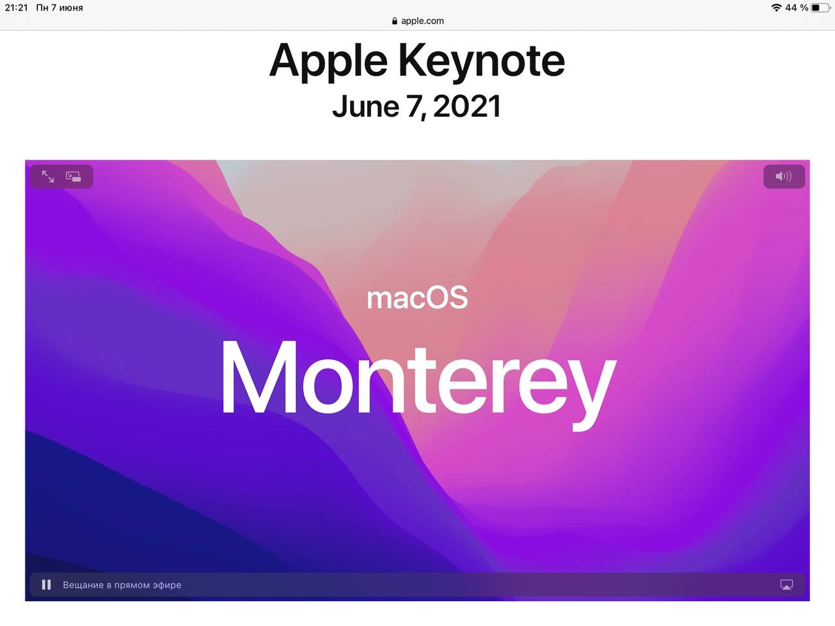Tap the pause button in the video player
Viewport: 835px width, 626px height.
[x=46, y=584]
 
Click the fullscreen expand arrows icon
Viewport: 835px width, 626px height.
[x=48, y=176]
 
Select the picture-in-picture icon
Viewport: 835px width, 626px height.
[x=74, y=176]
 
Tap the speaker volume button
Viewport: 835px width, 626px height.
[x=783, y=176]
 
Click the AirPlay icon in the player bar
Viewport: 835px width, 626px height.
[x=786, y=584]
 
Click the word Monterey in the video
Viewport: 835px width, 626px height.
[x=418, y=384]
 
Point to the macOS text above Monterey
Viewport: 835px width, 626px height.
[x=417, y=298]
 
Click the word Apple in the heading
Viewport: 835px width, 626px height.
[x=329, y=61]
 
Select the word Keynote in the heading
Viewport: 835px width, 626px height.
[x=481, y=61]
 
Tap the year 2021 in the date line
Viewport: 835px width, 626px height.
[x=467, y=106]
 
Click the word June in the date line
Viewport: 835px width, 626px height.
[x=366, y=106]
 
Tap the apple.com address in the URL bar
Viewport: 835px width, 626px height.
[x=422, y=21]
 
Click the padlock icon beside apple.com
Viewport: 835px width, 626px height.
[x=395, y=21]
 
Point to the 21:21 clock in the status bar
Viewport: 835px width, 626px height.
[x=16, y=8]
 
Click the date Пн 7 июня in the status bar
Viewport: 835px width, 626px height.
[x=59, y=8]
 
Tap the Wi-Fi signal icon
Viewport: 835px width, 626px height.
[x=776, y=8]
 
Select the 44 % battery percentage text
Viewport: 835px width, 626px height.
[x=797, y=8]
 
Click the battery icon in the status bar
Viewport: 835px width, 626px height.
[x=820, y=8]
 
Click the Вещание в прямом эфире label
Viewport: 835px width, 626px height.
[x=122, y=584]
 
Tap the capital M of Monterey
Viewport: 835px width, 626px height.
[x=259, y=376]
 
